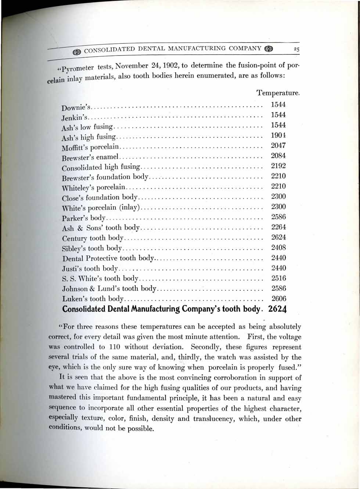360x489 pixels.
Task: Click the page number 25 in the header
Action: (296, 49)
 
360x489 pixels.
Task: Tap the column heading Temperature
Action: (278, 93)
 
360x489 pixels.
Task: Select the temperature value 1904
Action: (278, 135)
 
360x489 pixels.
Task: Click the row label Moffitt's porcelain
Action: (90, 148)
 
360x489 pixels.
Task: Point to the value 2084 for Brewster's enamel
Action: (278, 156)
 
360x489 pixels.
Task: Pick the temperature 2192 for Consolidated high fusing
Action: (278, 166)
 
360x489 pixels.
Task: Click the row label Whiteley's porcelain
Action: (93, 188)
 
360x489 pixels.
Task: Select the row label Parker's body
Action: (84, 218)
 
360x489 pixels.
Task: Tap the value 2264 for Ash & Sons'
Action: (278, 227)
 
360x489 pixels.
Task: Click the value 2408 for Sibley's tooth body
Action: (278, 248)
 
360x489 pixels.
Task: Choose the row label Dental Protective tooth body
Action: (108, 258)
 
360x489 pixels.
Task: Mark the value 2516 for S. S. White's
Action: (278, 278)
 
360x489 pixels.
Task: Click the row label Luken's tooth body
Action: (93, 299)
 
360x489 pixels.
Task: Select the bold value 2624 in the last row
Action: (277, 309)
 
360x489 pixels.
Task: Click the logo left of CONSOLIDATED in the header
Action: (77, 52)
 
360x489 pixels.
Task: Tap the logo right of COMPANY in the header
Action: (269, 49)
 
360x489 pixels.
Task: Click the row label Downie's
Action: (76, 108)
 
